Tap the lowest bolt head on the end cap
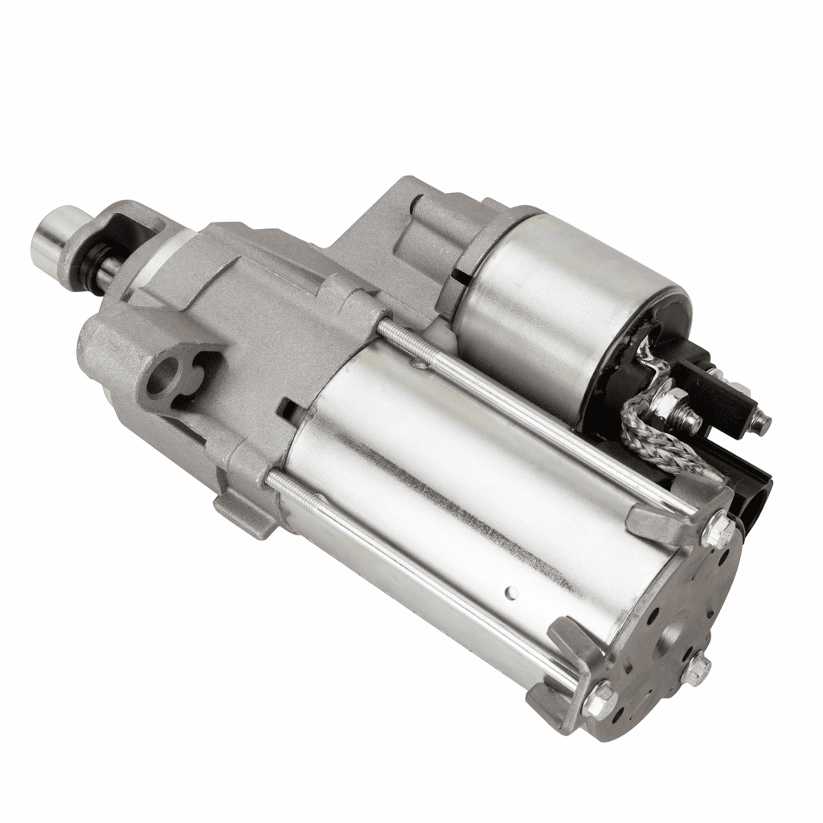(x=597, y=702)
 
